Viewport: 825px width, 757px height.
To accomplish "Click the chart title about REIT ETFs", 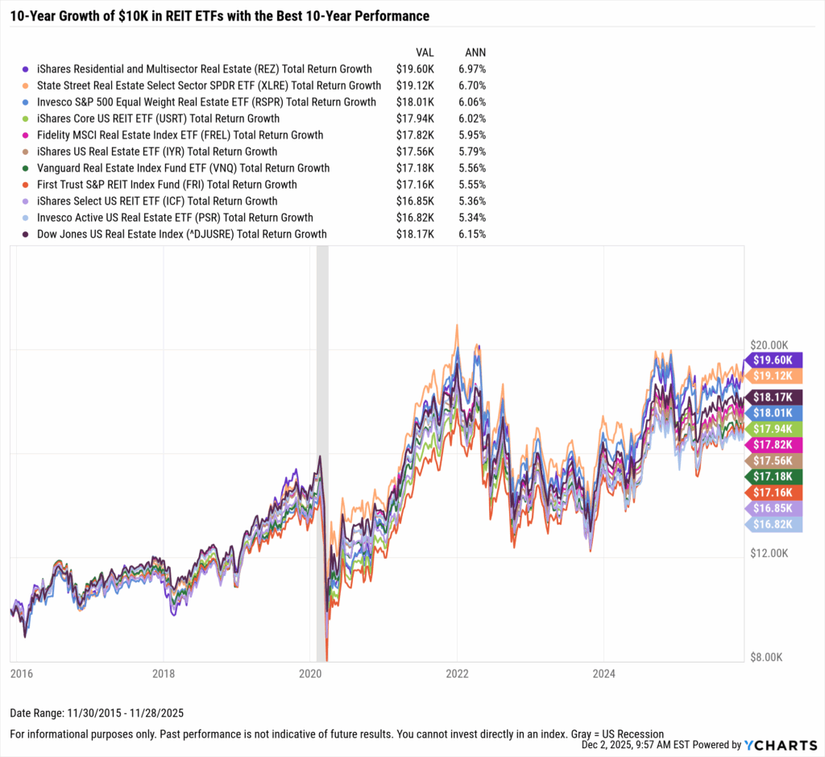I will tap(219, 16).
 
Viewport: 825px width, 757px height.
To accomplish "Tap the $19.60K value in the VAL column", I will tap(415, 69).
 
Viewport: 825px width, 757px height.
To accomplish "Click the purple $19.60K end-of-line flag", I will tap(773, 360).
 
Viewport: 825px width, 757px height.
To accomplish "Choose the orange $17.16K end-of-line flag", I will tap(773, 493).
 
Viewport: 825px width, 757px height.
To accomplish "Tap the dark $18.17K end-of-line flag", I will tap(773, 397).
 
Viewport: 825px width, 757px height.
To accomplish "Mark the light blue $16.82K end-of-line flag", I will tap(773, 524).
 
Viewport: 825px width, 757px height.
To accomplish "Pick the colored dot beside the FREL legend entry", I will tap(27, 135).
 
